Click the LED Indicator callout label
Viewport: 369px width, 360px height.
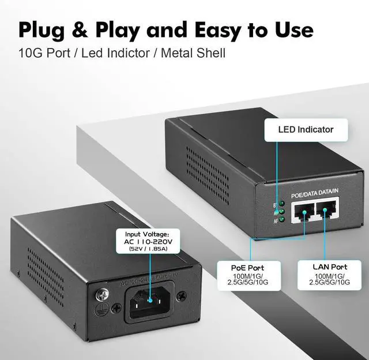point(306,129)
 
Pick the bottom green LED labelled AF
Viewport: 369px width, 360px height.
point(281,220)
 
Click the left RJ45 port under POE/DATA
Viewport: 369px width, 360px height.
point(303,213)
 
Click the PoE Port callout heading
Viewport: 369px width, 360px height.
point(248,268)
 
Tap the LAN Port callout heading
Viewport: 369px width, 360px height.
point(329,268)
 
